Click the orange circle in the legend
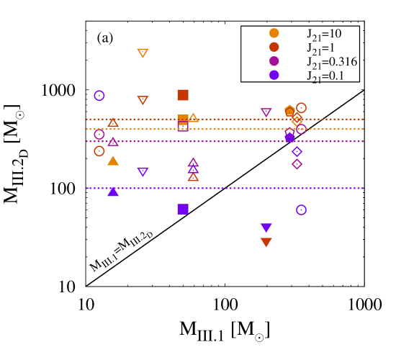[274, 33]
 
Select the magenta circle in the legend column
[274, 61]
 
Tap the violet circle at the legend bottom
[274, 75]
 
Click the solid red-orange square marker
[183, 95]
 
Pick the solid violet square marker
[183, 209]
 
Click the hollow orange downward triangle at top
[143, 53]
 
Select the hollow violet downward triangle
[143, 171]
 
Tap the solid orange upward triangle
[113, 161]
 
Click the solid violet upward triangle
[113, 192]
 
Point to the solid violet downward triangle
[266, 228]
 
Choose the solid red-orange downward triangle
[266, 242]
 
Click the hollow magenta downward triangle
[266, 112]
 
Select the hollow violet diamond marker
[297, 152]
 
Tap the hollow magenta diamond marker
[297, 164]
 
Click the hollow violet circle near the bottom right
[301, 210]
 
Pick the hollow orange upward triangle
[193, 117]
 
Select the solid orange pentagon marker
[289, 111]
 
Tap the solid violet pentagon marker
[289, 136]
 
